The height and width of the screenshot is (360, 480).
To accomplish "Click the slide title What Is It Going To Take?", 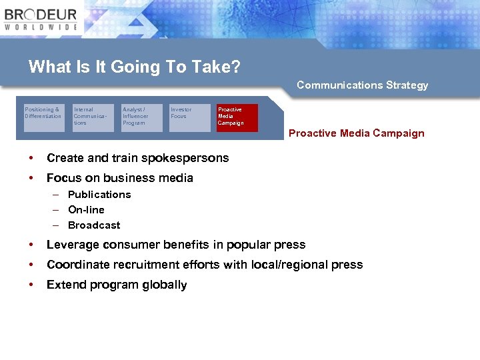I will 134,67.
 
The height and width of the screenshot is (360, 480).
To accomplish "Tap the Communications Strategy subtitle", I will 362,85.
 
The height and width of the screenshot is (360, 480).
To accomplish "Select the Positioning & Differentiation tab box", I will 43,116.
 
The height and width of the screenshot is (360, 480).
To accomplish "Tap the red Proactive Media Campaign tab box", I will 237,117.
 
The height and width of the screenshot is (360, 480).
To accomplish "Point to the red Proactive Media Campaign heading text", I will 356,133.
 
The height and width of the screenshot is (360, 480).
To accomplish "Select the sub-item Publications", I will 99,195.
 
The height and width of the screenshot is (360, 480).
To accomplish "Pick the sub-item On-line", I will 86,210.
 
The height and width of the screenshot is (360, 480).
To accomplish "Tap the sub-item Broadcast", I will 94,225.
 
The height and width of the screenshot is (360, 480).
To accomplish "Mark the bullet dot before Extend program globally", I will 31,285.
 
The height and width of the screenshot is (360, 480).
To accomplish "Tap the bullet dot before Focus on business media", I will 31,178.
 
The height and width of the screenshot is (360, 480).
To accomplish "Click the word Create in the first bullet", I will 64,158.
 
